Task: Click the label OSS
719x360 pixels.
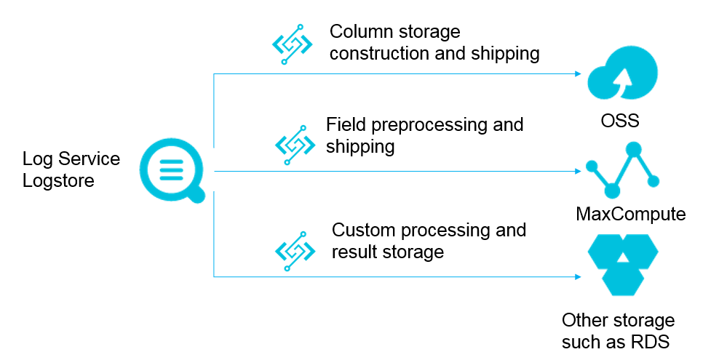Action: pos(620,120)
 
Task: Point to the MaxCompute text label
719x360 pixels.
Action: pos(630,214)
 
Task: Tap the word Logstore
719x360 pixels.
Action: pos(58,180)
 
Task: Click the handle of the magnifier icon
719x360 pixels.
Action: pos(197,194)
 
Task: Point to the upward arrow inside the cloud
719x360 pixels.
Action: pos(622,80)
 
